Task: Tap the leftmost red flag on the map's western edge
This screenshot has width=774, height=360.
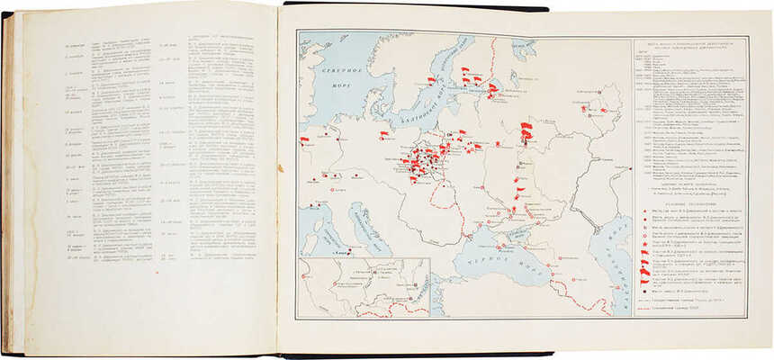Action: pos(304,140)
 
